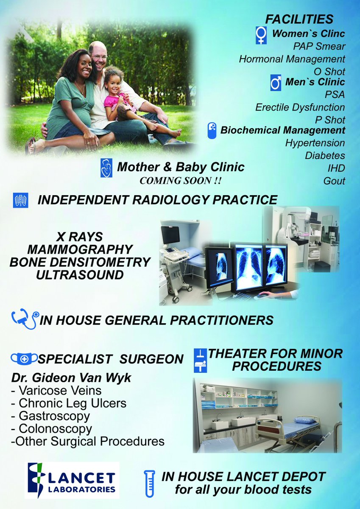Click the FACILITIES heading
click(x=299, y=19)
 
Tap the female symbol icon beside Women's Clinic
click(x=261, y=35)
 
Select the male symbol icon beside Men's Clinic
click(x=276, y=83)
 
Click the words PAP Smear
click(x=319, y=46)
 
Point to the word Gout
click(x=334, y=181)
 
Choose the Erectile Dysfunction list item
click(x=300, y=107)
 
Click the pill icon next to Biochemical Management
click(x=212, y=130)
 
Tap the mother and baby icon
click(x=106, y=168)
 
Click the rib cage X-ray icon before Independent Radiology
click(x=21, y=200)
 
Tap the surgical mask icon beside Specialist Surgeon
click(x=24, y=359)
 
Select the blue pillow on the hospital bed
click(x=305, y=420)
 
